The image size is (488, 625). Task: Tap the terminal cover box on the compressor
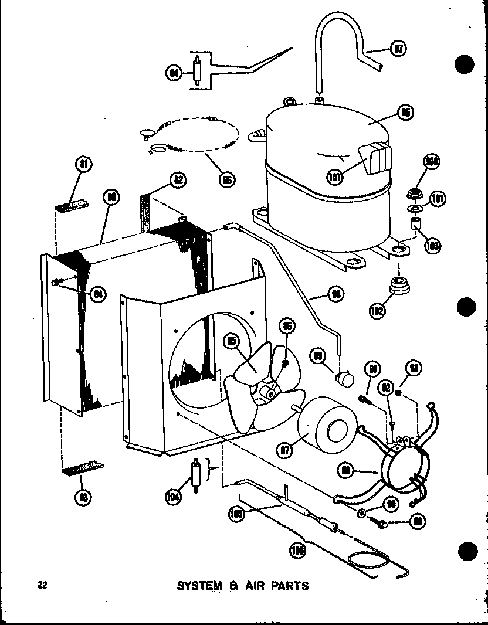pos(374,158)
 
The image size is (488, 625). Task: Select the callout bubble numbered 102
pos(377,309)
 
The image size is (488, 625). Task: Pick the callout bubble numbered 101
pos(437,199)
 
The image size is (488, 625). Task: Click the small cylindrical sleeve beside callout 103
pos(416,224)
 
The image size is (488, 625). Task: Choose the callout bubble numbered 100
pos(433,162)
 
